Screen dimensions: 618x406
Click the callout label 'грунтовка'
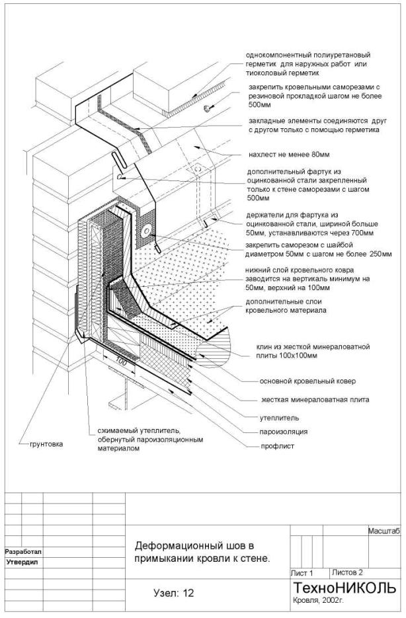coord(46,444)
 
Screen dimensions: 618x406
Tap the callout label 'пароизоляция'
coord(283,432)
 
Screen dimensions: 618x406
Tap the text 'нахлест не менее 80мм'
coord(288,155)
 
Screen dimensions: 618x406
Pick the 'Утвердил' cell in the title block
coord(22,562)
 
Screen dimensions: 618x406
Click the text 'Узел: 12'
coord(173,593)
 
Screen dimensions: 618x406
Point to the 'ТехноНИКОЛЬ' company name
coord(345,588)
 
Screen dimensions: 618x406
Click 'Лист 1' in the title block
coord(302,572)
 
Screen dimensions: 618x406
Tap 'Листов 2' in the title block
coord(347,572)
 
